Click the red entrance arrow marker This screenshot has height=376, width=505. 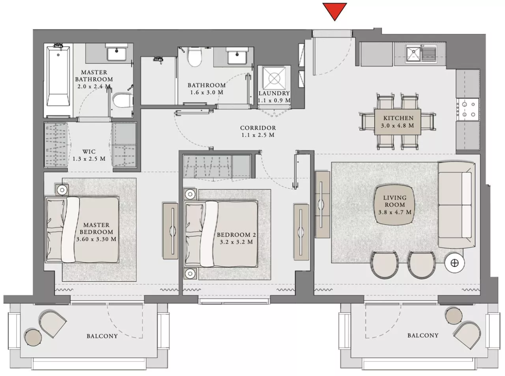coord(334,11)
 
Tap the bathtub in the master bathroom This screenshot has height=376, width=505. coord(58,76)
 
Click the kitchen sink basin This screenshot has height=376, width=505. coord(414,53)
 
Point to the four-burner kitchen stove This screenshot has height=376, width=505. coord(468,110)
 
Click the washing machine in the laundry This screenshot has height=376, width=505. coord(274,78)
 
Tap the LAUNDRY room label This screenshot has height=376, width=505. coord(274,93)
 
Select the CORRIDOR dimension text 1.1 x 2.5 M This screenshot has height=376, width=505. coord(258,135)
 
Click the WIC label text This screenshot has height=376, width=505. coord(89,152)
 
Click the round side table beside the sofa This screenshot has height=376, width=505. coord(454,263)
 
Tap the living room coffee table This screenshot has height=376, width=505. coord(395,205)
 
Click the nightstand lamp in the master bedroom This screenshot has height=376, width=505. coord(62,190)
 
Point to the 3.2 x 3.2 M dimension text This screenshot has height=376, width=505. coord(236,242)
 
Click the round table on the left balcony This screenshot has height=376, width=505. coord(33,337)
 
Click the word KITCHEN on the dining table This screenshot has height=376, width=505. coord(398,118)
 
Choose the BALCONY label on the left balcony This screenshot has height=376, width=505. coord(102,336)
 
